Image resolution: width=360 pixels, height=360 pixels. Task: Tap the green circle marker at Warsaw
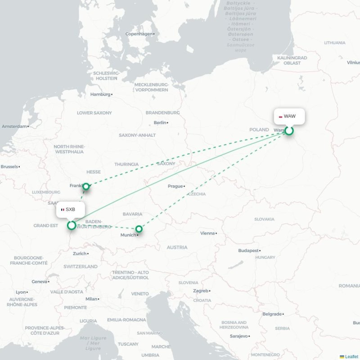(289, 130)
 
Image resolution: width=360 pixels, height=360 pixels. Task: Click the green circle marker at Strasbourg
(72, 225)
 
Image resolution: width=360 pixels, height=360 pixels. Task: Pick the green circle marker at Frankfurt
(86, 186)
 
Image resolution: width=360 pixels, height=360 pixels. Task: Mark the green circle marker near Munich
(139, 229)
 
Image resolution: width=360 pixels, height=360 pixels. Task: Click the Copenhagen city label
(139, 34)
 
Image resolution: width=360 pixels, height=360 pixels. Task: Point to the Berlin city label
(160, 122)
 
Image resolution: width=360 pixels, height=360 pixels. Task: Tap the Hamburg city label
(100, 94)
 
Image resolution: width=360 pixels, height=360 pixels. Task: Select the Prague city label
(175, 186)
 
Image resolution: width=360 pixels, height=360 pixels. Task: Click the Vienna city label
(207, 233)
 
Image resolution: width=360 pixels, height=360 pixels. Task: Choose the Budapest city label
(248, 250)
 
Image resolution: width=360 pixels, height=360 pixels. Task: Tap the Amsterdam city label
(14, 126)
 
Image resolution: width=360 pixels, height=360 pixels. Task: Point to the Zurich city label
(79, 253)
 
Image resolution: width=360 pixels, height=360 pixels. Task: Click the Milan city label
(91, 299)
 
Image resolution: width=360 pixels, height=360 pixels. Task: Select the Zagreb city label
(200, 291)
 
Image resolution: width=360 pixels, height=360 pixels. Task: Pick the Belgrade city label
(272, 314)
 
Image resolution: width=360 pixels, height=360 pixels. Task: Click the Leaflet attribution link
(351, 356)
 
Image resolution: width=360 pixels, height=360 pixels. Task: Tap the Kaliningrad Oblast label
(292, 61)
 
